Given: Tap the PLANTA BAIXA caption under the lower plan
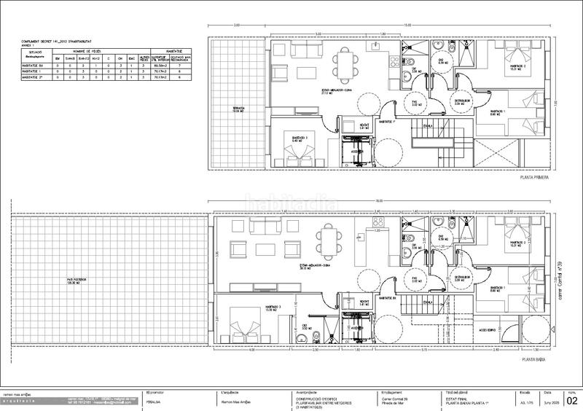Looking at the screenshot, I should click(535, 359).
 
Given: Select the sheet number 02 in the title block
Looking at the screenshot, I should click(571, 399).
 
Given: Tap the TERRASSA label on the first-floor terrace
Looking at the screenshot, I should click(238, 109).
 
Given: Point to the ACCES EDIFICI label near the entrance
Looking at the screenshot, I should click(489, 330).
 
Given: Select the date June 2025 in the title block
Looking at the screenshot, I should click(552, 401).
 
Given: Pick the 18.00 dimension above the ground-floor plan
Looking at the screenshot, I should click(378, 201).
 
